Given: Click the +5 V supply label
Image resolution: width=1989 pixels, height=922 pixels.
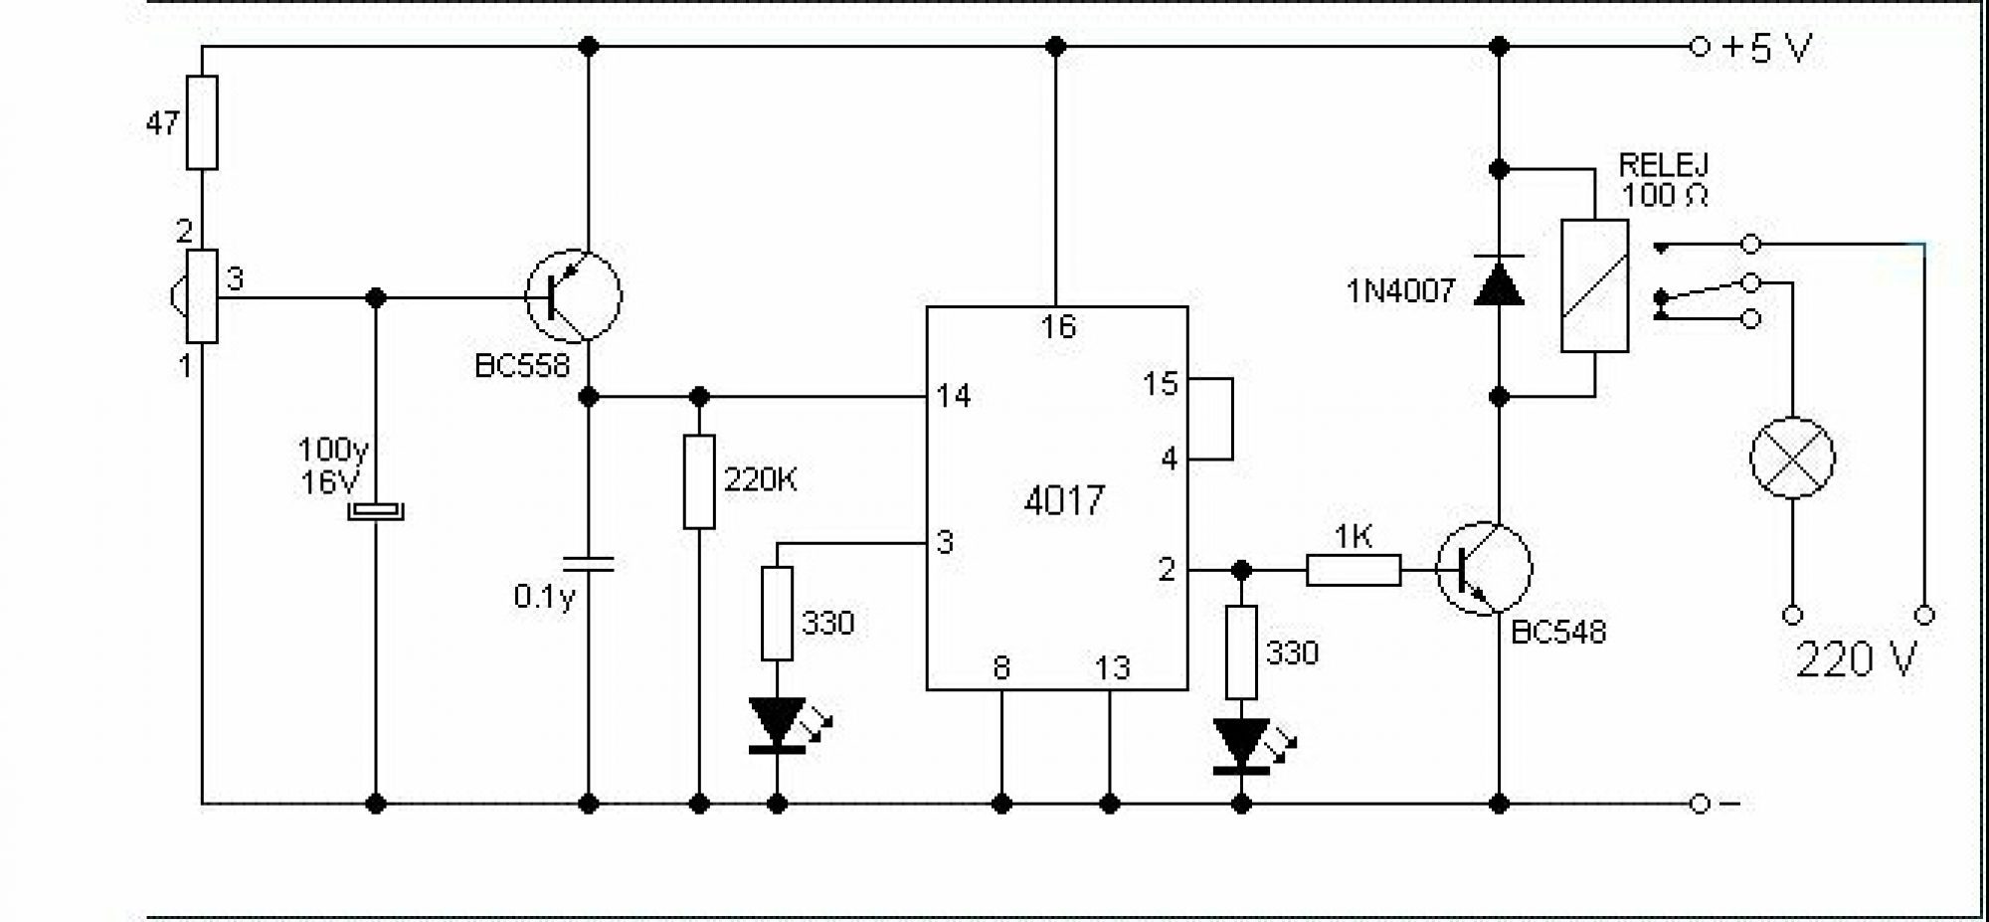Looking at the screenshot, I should [1767, 47].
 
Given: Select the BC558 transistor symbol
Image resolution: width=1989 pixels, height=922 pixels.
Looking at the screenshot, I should [574, 295].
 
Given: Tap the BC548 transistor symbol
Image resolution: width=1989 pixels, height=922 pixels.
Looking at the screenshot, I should [1484, 569].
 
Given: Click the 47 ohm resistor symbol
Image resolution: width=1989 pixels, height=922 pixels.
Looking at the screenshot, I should [202, 122].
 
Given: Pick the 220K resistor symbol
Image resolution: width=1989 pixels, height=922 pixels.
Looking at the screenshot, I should [699, 481].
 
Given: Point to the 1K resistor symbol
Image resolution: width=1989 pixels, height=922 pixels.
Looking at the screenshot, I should [1353, 570].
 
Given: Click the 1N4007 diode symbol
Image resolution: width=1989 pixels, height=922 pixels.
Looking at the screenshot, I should [1499, 281].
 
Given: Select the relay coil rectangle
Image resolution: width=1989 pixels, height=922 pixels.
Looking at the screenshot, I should [1594, 285].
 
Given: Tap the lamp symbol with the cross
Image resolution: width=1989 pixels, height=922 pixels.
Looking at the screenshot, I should [1792, 458].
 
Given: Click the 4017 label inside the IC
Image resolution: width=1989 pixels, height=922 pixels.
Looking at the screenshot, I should [1063, 500].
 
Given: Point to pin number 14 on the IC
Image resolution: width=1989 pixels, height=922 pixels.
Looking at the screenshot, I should [953, 396].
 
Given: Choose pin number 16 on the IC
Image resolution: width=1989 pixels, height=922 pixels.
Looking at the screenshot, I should [1058, 326].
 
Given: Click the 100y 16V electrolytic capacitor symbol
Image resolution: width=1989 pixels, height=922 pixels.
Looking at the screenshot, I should [376, 512].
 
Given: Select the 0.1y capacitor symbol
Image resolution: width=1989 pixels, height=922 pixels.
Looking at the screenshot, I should [588, 564].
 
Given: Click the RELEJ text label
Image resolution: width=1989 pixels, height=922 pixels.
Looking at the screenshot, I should [1663, 165].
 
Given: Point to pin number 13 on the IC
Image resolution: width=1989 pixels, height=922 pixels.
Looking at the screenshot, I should [1112, 667].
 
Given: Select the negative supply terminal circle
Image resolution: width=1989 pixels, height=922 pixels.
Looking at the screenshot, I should [1700, 803].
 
